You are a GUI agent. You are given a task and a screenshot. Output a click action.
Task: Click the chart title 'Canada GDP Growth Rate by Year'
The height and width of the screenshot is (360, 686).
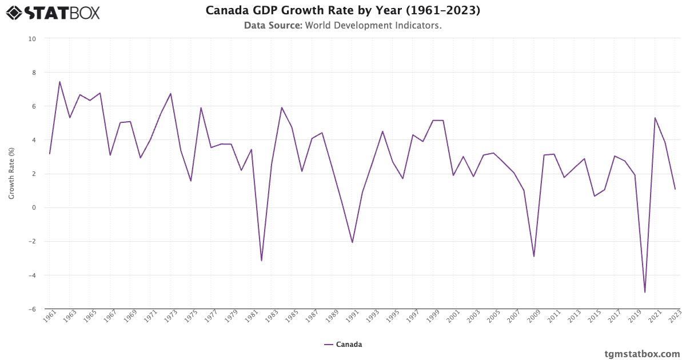pos(342,10)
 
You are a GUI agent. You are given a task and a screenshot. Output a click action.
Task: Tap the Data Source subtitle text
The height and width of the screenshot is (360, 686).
pos(342,26)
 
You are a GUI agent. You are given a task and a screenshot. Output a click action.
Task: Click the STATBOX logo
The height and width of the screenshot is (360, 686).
pos(53,12)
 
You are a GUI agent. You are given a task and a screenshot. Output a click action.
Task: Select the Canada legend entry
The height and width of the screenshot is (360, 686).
pos(343,345)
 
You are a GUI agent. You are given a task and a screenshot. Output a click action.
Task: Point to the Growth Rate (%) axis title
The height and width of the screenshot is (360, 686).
pos(11,174)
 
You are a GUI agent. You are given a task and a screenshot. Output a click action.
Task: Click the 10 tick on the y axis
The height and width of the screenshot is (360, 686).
pos(32,39)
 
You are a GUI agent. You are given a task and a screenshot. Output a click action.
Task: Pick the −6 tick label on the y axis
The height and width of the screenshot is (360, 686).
pos(32,309)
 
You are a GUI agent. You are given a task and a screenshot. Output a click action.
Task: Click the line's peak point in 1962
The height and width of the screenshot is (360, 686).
pos(59,82)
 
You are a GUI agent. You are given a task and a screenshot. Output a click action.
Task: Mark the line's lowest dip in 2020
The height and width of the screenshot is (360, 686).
pos(645,292)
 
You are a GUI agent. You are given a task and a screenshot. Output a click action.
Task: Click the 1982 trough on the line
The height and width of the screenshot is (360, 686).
pos(261,261)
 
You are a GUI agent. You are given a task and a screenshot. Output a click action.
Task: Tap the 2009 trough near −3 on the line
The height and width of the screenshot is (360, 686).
pos(534,256)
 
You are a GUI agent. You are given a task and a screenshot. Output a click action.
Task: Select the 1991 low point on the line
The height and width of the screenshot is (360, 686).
pos(352,242)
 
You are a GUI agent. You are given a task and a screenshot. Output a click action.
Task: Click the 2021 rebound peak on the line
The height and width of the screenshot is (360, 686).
pos(655,118)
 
